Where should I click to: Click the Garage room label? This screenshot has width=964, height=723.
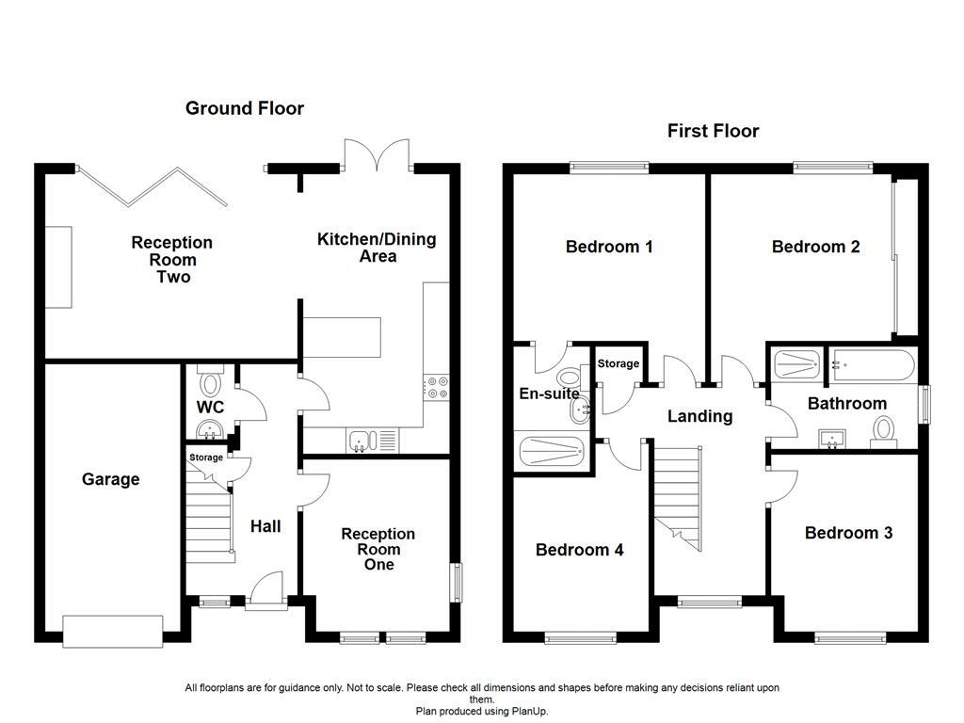pos(110,479)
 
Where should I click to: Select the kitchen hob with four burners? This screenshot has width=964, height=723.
pos(437,388)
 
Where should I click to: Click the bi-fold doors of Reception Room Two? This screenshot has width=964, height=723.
pos(152,185)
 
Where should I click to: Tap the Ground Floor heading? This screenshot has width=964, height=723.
pos(245,108)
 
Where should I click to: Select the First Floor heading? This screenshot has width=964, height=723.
pos(713,131)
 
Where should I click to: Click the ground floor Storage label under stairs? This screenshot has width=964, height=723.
pos(206,458)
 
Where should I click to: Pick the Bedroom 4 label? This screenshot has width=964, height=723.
pos(579,550)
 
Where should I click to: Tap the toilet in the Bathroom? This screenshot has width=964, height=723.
pos(883,431)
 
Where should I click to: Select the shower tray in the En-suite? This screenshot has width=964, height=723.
pos(553,450)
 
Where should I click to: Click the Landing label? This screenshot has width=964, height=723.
pos(699,416)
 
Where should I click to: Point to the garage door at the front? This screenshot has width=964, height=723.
pos(112,629)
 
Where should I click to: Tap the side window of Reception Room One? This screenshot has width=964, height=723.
pos(456,582)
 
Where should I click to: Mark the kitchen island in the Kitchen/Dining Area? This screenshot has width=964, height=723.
pos(342,334)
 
